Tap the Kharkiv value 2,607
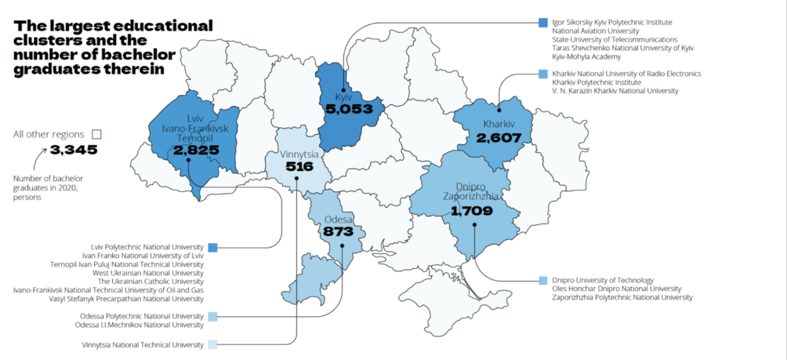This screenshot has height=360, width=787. pos(499,137)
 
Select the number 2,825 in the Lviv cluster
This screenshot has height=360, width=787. pos(190,150)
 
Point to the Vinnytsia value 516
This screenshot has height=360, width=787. pos(299,167)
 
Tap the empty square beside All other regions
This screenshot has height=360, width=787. pos(96,134)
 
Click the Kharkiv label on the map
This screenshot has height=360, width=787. pos(499,125)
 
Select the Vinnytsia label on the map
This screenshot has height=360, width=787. pos(299,155)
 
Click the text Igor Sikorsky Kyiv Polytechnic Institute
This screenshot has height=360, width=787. pos(612,22)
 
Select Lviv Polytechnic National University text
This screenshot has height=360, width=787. pos(147,247)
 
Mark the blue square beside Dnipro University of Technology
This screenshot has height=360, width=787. pos(543,280)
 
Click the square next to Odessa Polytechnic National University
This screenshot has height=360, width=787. pos(212,316)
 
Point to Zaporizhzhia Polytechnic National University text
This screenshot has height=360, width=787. pos(622,297)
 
